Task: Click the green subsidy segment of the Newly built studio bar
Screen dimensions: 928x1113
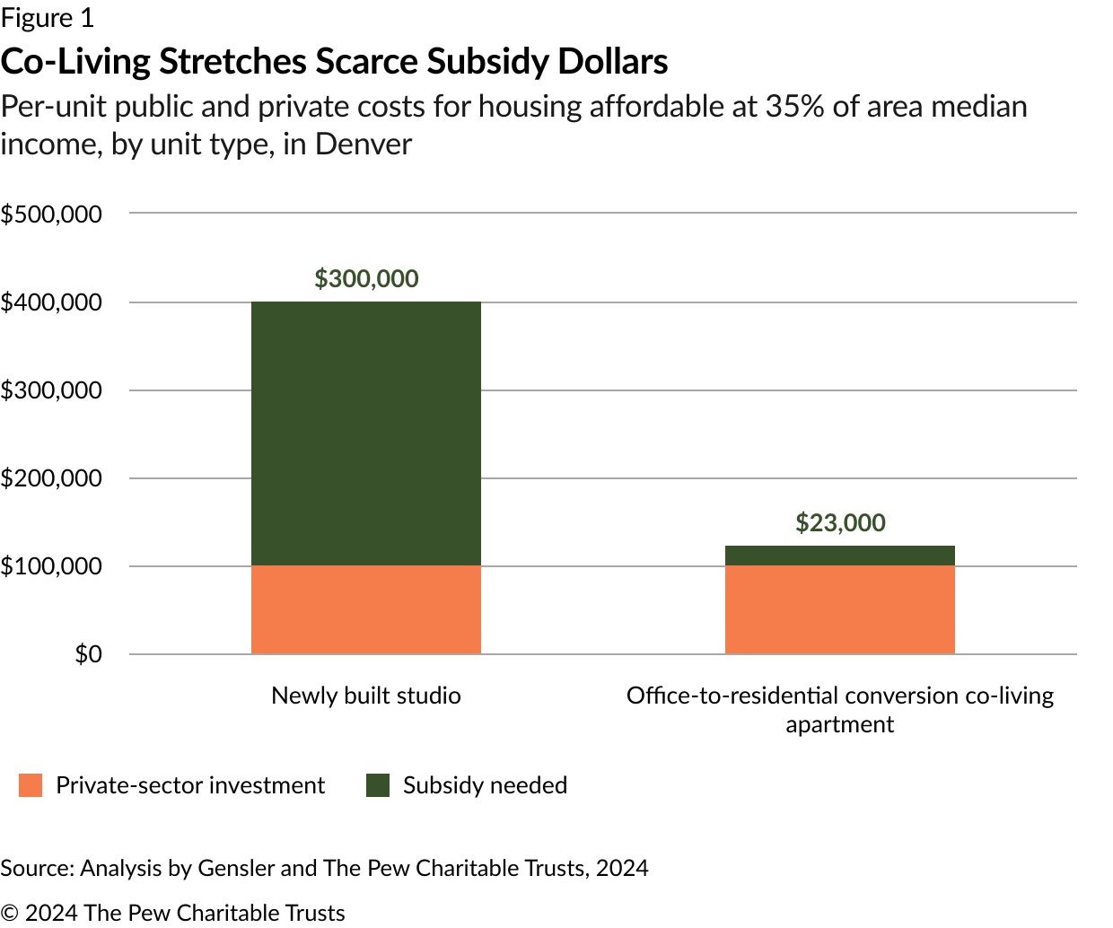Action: [x=366, y=433]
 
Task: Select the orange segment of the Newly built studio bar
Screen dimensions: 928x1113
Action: [x=366, y=609]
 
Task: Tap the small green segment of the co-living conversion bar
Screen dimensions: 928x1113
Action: [x=839, y=556]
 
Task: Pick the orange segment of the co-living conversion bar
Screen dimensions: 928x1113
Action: [x=839, y=609]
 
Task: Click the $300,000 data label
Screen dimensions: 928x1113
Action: [x=366, y=279]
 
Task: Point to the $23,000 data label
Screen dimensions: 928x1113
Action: [x=840, y=523]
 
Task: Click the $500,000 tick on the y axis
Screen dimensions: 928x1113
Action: [x=52, y=214]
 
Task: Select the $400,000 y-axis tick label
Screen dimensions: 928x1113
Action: [x=52, y=302]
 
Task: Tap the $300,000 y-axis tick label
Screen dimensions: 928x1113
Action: [x=52, y=390]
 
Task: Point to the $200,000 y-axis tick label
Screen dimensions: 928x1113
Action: [x=52, y=478]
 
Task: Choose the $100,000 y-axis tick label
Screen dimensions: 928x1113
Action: [x=52, y=566]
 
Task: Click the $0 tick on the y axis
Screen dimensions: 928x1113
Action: [x=88, y=654]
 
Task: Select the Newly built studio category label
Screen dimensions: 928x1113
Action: [x=366, y=696]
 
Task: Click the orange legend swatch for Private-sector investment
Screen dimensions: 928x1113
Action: [x=31, y=785]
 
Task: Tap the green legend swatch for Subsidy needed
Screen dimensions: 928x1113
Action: [x=378, y=785]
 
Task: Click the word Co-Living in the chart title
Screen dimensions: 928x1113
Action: [x=75, y=62]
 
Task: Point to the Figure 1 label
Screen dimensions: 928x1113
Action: [x=47, y=18]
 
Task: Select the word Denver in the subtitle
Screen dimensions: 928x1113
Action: [x=364, y=144]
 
